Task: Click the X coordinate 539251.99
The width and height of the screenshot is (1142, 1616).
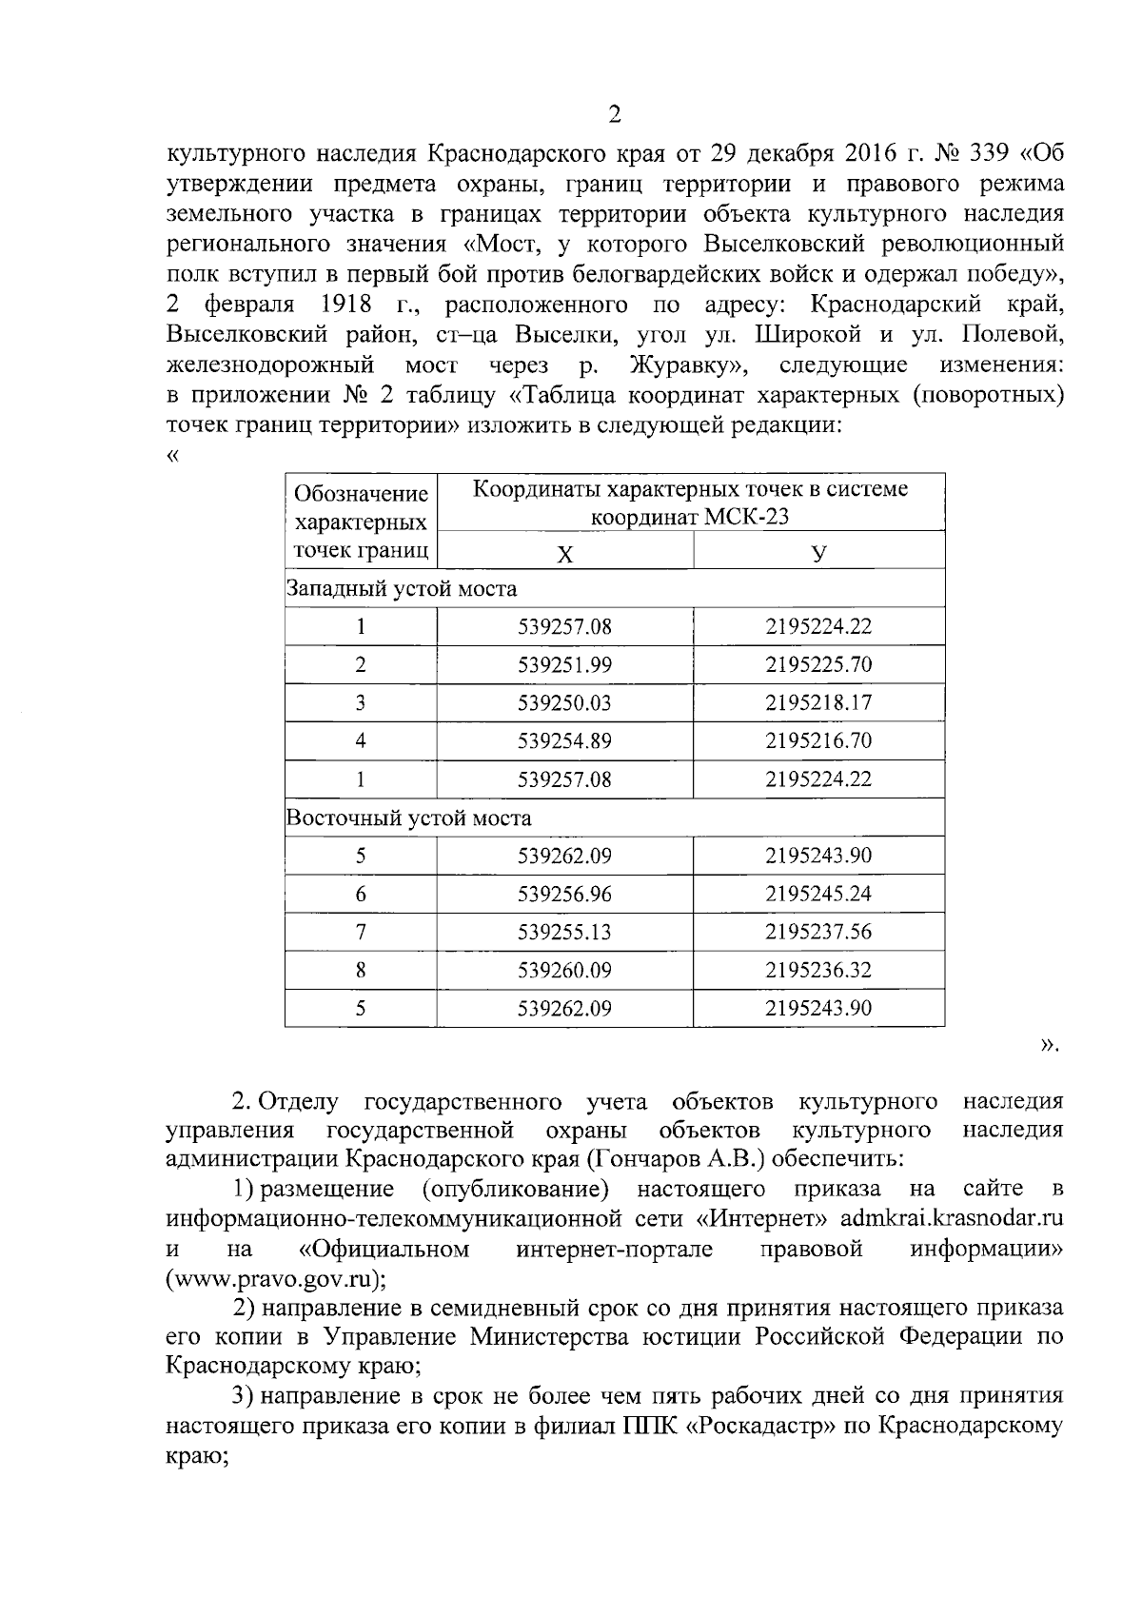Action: [x=564, y=665]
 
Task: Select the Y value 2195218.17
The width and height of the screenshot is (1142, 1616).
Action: [x=818, y=703]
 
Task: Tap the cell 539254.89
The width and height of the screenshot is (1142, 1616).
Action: [x=564, y=741]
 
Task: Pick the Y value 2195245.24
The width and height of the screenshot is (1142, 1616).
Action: [x=818, y=894]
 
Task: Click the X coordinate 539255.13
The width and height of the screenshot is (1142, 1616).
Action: [x=564, y=932]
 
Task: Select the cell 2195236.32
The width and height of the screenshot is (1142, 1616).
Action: [x=818, y=970]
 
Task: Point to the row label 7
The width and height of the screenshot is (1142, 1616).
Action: [x=361, y=932]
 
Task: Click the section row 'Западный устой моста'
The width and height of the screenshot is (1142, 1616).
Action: [x=402, y=589]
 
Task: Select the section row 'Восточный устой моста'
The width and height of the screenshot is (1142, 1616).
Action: [x=409, y=818]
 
